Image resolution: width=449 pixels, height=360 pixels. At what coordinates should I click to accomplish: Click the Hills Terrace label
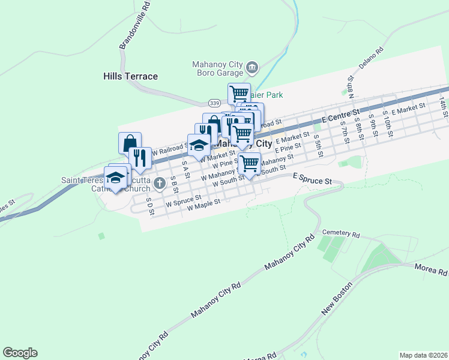pos(130,76)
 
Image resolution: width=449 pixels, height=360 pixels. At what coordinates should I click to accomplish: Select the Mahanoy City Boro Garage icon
pos(252,67)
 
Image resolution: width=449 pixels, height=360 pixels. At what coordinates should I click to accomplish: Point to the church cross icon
pos(159,183)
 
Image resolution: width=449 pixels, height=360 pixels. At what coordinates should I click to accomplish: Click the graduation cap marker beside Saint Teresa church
pos(116,177)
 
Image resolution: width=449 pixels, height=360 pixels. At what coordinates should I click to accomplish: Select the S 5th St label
pos(319,145)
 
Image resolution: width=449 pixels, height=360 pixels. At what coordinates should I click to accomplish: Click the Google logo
pos(20,353)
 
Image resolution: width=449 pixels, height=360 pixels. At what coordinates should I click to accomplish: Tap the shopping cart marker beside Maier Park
pos(239,94)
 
